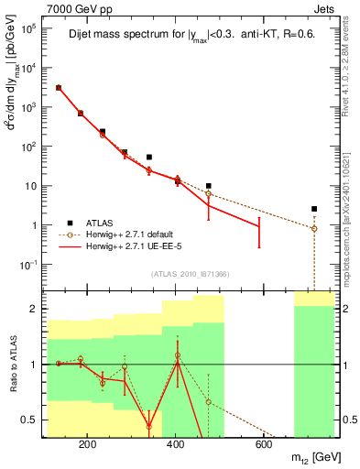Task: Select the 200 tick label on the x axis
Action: tap(87, 447)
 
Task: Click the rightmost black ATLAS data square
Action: tap(314, 209)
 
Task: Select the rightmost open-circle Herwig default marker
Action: tap(314, 229)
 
